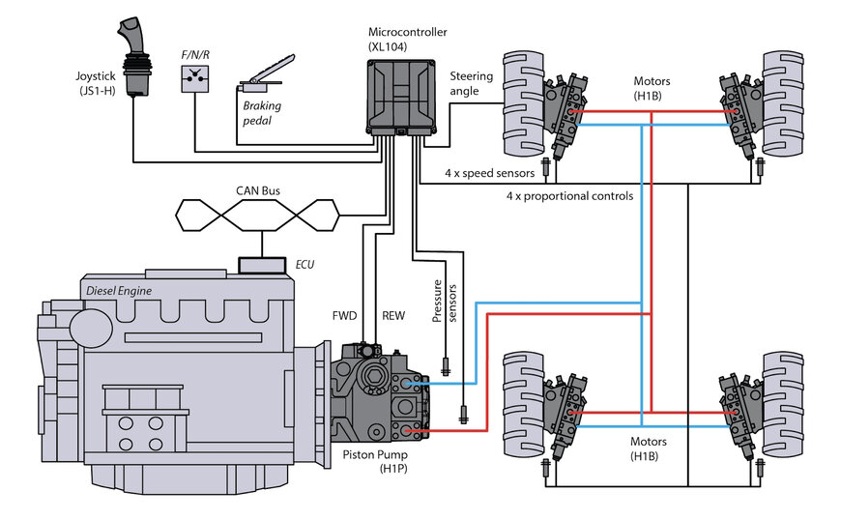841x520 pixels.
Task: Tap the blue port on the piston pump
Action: [x=410, y=384]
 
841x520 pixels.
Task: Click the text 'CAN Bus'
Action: [x=259, y=191]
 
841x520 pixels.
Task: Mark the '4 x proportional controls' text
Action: [x=570, y=196]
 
